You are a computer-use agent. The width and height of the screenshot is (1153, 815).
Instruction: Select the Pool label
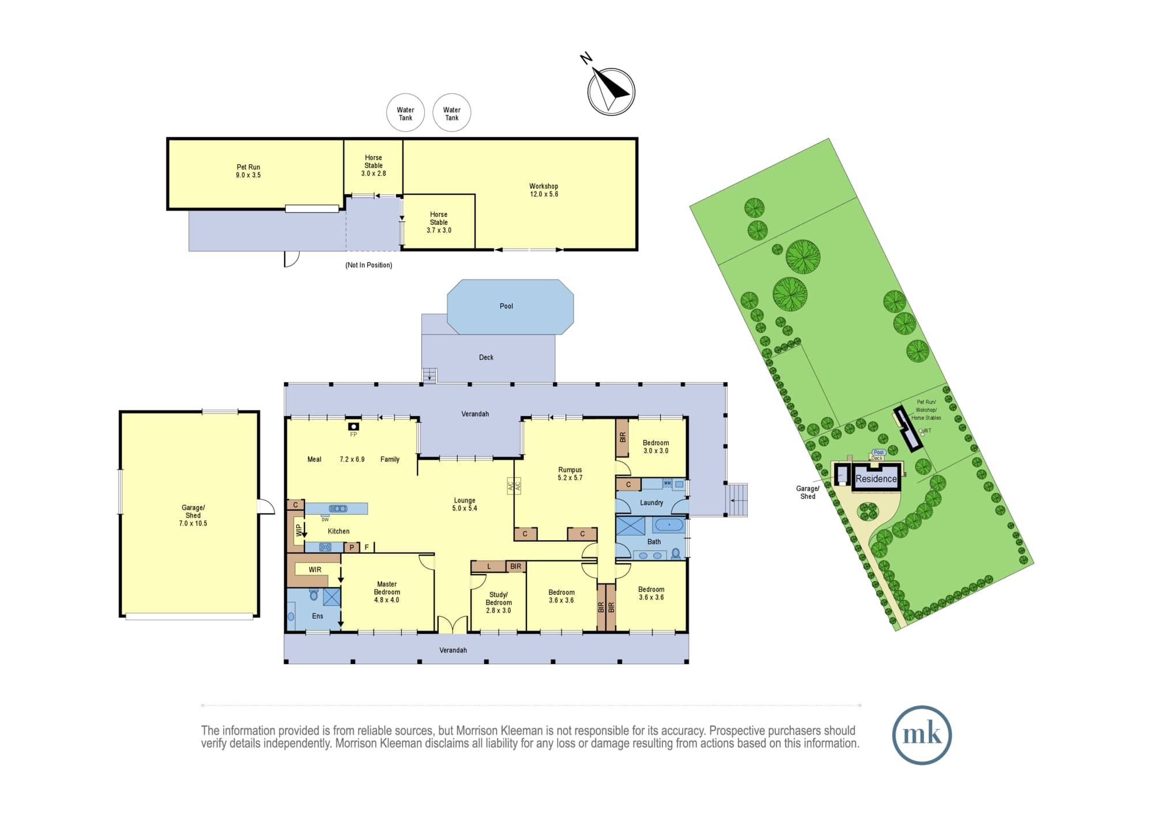506,306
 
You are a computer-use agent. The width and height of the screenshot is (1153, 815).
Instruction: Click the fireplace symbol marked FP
353,427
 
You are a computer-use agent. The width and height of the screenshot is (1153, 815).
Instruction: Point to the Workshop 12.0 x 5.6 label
544,190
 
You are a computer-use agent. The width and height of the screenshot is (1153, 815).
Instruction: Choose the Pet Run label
248,167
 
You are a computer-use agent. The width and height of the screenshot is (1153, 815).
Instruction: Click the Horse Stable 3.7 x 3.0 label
439,222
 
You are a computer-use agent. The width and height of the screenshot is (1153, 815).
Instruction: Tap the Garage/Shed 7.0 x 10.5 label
193,516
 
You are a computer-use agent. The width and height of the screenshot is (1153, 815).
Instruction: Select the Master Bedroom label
387,588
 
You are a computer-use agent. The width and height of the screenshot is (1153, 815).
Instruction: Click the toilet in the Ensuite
314,594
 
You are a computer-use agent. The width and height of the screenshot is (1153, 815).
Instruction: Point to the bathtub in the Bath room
669,525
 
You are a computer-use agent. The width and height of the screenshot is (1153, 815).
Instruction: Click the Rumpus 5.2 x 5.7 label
570,474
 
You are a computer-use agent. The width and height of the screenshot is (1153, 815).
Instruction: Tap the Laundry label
651,503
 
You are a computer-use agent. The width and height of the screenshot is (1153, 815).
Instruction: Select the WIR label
315,569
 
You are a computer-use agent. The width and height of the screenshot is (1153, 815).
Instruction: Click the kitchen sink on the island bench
338,508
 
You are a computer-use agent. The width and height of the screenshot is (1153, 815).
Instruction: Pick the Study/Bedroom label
499,598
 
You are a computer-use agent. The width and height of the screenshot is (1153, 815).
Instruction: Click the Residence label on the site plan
876,478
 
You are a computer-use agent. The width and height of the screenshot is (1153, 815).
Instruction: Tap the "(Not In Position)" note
369,265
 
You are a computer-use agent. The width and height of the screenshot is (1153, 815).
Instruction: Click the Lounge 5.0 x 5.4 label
465,504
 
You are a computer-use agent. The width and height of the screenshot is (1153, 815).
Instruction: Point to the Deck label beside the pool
486,357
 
